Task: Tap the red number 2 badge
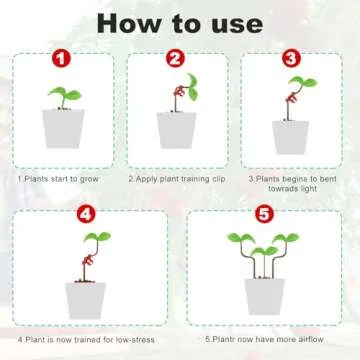[176, 60]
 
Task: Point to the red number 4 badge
[86, 213]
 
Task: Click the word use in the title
[234, 23]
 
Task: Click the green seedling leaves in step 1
[62, 95]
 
